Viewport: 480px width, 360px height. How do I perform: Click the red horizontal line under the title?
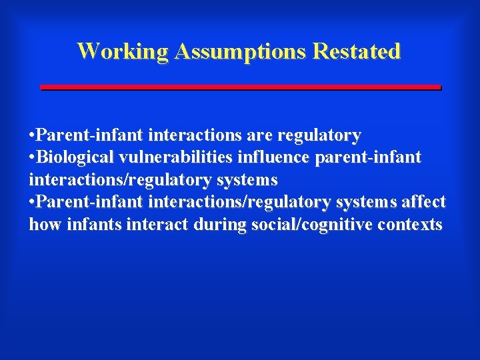point(241,87)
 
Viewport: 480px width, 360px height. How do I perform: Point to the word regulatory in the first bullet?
point(319,136)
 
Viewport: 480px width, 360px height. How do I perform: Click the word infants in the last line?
point(88,225)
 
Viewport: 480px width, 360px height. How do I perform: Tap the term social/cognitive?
point(311,225)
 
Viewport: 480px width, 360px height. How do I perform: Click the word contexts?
point(409,225)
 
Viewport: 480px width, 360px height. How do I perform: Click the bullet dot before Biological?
point(32,158)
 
